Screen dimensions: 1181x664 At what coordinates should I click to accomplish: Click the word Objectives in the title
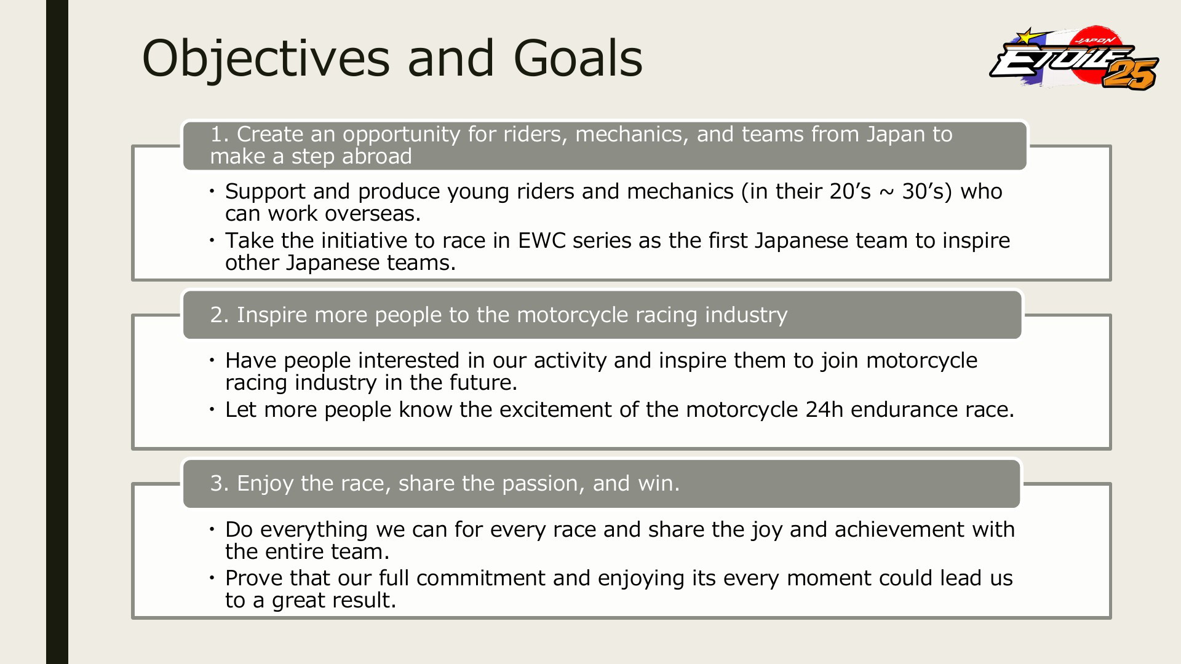point(266,58)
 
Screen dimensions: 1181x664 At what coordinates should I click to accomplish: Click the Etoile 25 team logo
point(1074,58)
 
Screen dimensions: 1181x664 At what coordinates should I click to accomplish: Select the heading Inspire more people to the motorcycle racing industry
point(499,315)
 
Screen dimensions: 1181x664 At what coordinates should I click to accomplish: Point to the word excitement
point(555,409)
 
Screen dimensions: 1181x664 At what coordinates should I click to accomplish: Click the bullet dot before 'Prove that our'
point(211,578)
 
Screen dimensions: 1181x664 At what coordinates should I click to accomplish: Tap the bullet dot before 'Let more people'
point(211,409)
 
